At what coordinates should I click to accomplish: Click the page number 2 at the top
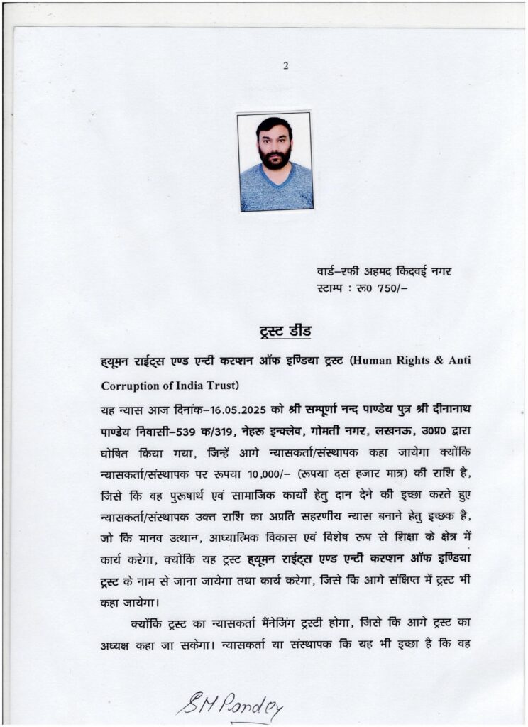pyautogui.click(x=285, y=67)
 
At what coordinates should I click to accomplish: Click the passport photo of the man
pyautogui.click(x=275, y=161)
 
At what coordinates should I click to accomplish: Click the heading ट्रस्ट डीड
pyautogui.click(x=282, y=332)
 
